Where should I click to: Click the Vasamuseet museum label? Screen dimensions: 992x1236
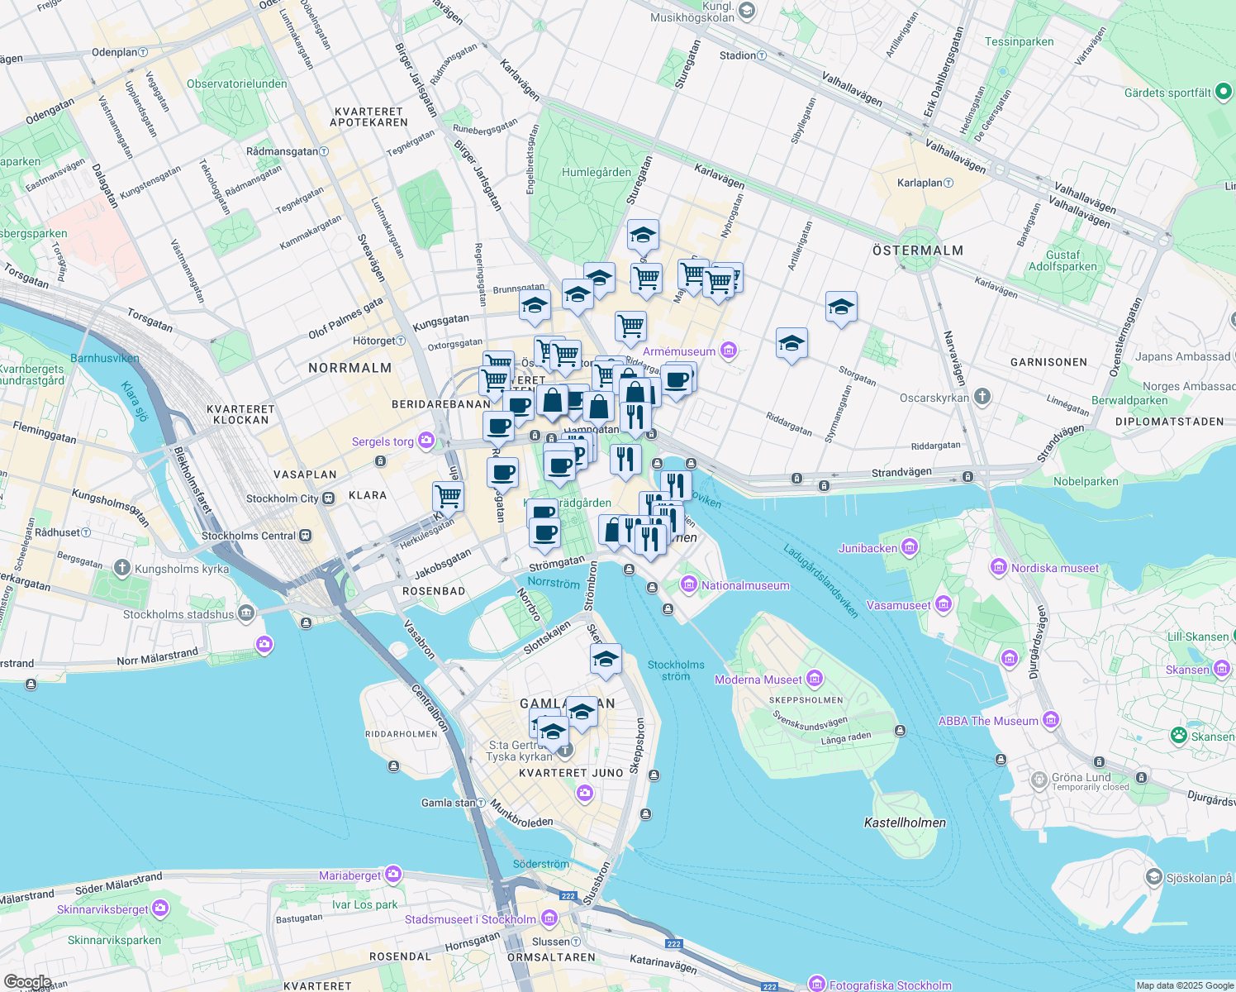[898, 605]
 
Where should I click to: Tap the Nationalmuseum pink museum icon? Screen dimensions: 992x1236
[688, 585]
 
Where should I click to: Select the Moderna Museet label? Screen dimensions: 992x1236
[758, 680]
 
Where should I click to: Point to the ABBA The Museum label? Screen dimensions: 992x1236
[987, 721]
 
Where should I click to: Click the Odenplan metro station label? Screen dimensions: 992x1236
[115, 52]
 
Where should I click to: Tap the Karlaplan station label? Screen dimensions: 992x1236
[920, 183]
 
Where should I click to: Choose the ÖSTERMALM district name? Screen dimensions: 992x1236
[918, 250]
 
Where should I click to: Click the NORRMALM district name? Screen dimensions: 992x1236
[349, 368]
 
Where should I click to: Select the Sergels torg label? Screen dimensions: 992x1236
[383, 441]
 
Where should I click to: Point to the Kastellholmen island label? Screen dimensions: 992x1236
[905, 823]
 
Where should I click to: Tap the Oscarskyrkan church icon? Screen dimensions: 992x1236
[982, 397]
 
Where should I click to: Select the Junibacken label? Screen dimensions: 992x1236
[868, 548]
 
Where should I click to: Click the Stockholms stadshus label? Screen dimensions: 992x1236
[178, 614]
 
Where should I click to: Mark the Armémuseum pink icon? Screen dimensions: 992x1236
[728, 351]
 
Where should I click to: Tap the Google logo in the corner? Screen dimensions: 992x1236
[27, 982]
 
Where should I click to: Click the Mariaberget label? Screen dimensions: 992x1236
[350, 875]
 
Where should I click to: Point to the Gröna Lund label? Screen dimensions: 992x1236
[1081, 777]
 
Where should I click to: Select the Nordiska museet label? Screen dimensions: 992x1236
[1055, 568]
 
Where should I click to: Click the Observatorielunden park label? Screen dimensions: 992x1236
[236, 83]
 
